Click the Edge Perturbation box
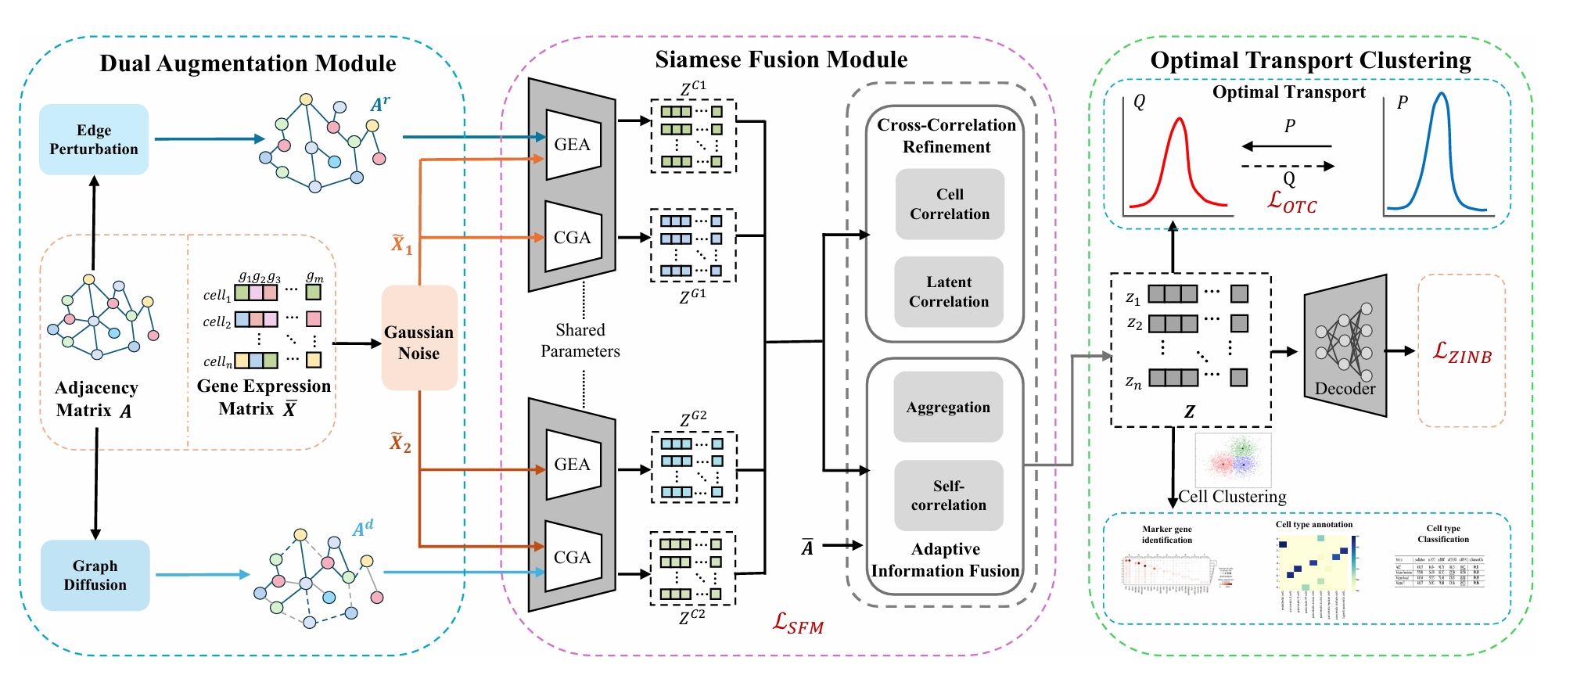pyautogui.click(x=94, y=139)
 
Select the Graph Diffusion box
pyautogui.click(x=95, y=575)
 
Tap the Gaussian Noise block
pyautogui.click(x=419, y=342)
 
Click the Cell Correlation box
pyautogui.click(x=950, y=204)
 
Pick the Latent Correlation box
pyautogui.click(x=949, y=292)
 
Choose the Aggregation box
pyautogui.click(x=948, y=407)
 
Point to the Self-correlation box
pyautogui.click(x=948, y=495)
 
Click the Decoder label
pyautogui.click(x=1345, y=389)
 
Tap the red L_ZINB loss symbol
pyautogui.click(x=1462, y=353)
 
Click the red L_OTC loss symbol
pyautogui.click(x=1291, y=203)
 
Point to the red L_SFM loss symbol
pyautogui.click(x=798, y=623)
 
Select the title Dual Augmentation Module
pyautogui.click(x=248, y=63)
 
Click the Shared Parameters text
pyautogui.click(x=580, y=340)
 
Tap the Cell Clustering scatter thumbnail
pyautogui.click(x=1233, y=461)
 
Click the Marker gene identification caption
pyautogui.click(x=1166, y=534)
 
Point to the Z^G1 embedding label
pyautogui.click(x=692, y=296)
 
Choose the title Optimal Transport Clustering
pyautogui.click(x=1310, y=60)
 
